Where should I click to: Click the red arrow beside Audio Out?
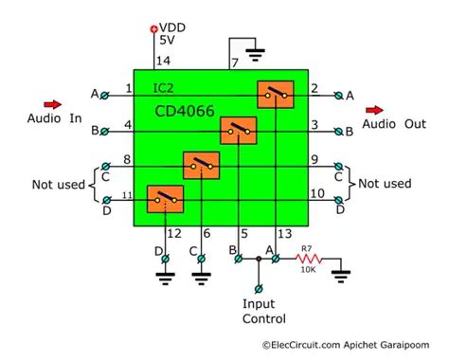375,109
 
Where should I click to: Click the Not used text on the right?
386,183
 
